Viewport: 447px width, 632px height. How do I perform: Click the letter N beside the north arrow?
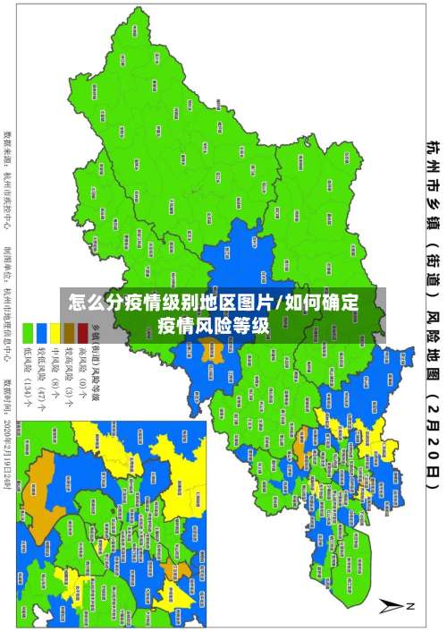coord(411,605)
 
